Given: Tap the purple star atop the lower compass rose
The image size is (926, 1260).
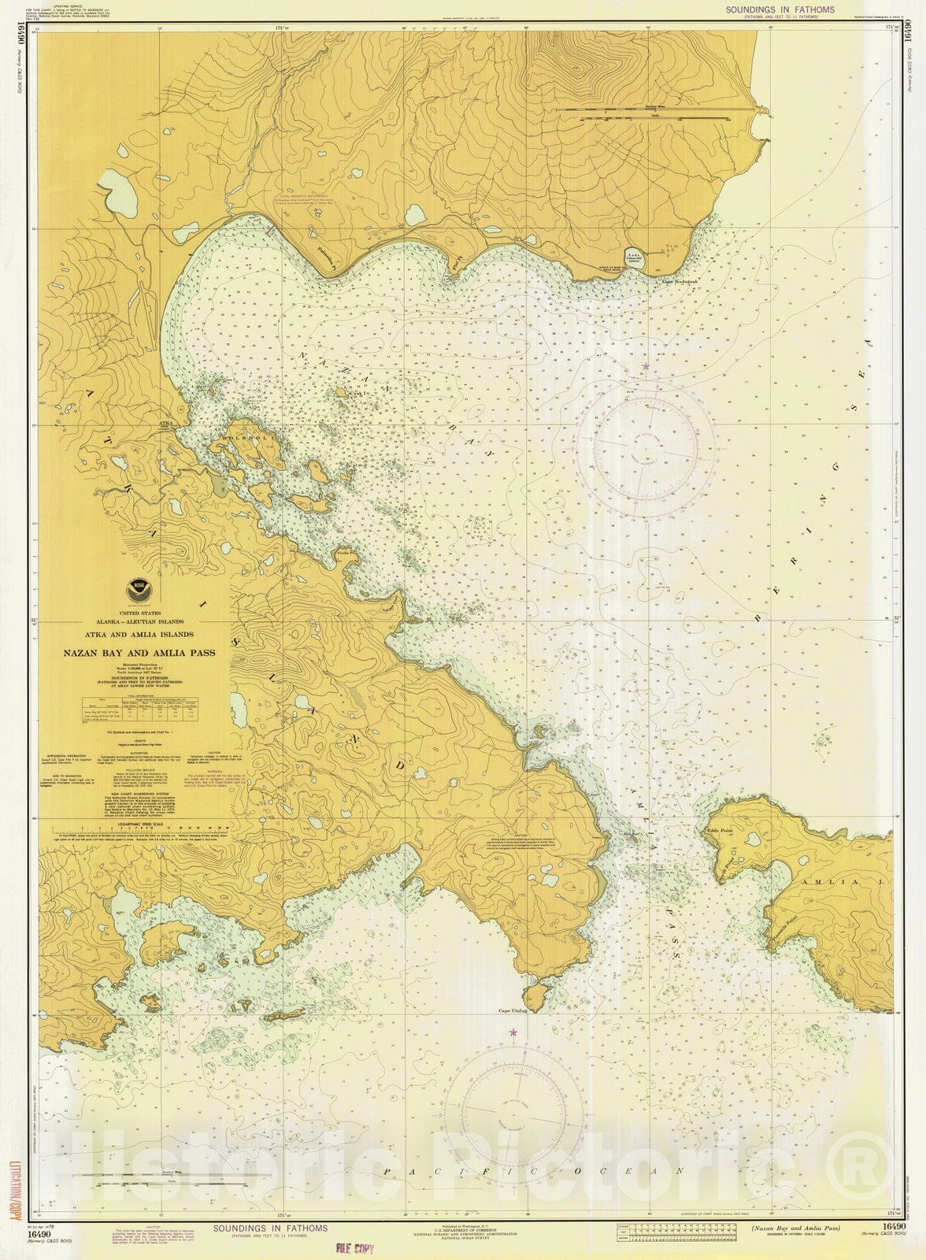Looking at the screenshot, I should pyautogui.click(x=513, y=1032).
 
